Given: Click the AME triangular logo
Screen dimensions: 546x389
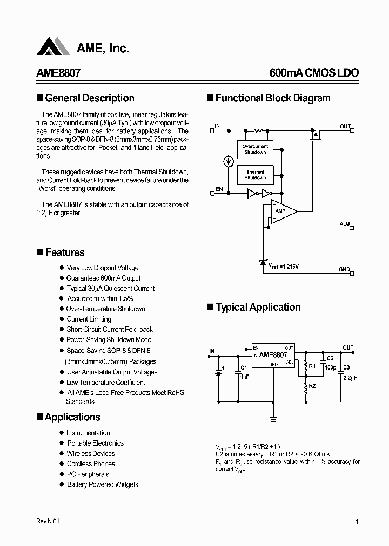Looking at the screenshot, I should click(x=53, y=47).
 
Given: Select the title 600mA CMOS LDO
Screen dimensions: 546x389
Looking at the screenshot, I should click(x=314, y=73).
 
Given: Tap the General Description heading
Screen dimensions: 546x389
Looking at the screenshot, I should click(x=90, y=98).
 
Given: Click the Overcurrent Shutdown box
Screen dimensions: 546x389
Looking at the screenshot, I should click(x=255, y=149).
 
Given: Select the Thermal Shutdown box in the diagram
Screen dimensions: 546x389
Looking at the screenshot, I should click(x=255, y=175).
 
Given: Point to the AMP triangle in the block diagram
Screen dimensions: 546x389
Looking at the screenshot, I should click(x=283, y=211).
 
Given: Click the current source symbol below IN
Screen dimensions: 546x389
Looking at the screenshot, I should click(x=229, y=161).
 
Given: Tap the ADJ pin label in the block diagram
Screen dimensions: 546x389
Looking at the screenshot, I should click(x=345, y=223).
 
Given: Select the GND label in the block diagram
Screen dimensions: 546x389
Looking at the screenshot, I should click(x=344, y=269).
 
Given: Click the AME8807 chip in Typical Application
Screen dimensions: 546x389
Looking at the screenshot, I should click(x=273, y=356).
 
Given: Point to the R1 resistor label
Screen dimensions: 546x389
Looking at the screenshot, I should click(x=311, y=365).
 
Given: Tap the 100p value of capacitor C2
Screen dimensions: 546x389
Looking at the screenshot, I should click(x=330, y=367).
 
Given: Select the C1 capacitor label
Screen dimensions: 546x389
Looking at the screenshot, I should click(x=244, y=367).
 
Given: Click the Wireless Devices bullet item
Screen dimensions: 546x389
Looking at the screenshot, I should click(x=91, y=453).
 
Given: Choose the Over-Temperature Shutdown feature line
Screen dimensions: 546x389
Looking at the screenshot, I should click(x=105, y=309).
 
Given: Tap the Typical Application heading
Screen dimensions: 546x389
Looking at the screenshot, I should click(x=258, y=307).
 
